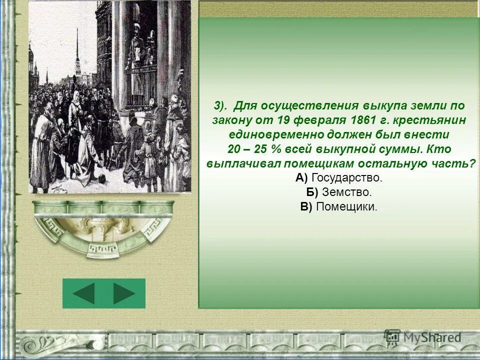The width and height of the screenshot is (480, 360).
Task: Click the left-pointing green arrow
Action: [83, 293]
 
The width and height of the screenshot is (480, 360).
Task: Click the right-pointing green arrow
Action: [124, 293]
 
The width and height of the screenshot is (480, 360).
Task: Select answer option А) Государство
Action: [338, 177]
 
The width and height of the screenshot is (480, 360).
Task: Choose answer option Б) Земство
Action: [338, 192]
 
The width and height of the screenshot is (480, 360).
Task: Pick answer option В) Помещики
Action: [338, 206]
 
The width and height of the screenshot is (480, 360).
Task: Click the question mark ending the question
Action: [472, 163]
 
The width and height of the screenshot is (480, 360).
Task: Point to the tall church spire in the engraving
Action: [77, 50]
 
